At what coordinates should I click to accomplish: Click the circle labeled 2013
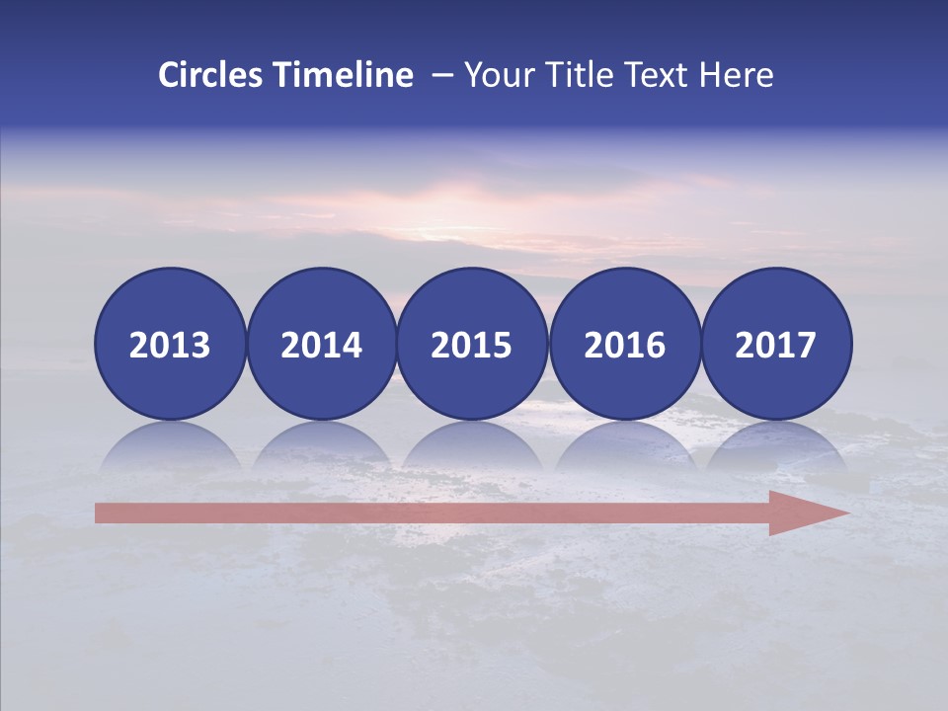(170, 344)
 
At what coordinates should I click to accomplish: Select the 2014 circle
(321, 344)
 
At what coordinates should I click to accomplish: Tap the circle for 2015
(472, 344)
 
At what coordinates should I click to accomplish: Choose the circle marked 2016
(624, 344)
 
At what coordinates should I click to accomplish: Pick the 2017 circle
(775, 344)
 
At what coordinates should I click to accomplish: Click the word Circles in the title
(211, 75)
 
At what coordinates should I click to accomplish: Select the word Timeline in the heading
(344, 75)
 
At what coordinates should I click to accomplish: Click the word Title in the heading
(574, 75)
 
